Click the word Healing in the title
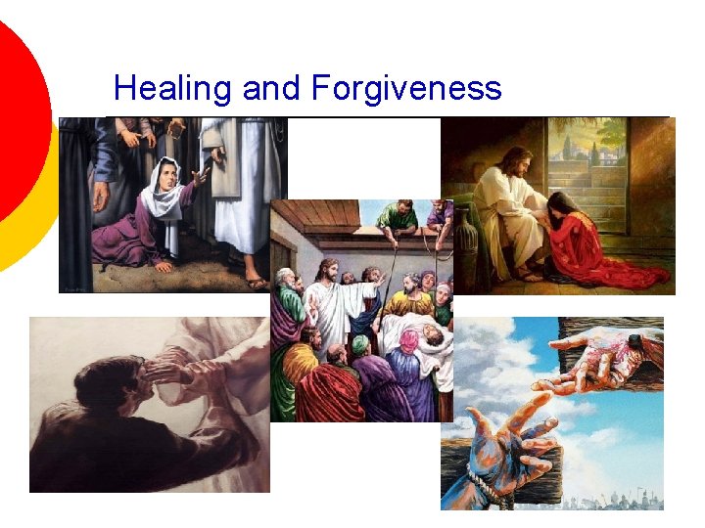coord(172,89)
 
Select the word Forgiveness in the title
coord(406,89)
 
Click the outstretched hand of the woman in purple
coord(202,177)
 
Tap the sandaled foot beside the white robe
coord(257,281)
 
